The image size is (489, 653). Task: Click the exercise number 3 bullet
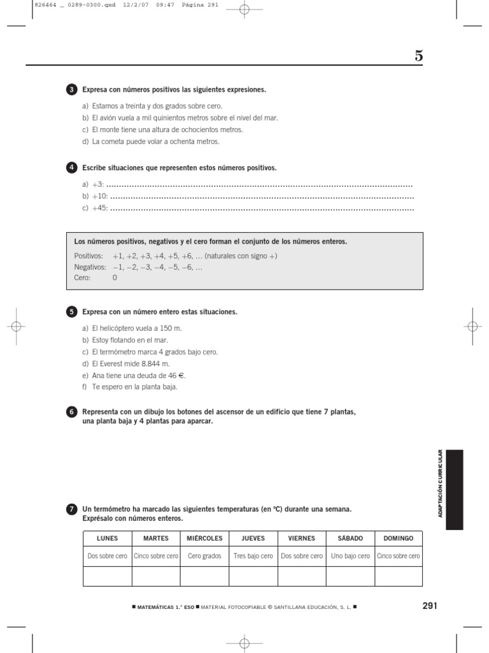[x=71, y=90]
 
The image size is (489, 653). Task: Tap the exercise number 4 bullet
[x=71, y=168]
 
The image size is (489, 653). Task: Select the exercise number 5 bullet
[x=71, y=312]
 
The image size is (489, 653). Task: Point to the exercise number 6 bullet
[x=71, y=413]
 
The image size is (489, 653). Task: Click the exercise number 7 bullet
[x=71, y=510]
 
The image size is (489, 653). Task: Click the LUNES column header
[x=107, y=538]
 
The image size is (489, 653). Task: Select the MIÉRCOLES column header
[x=204, y=538]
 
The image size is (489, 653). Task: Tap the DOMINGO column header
[x=398, y=538]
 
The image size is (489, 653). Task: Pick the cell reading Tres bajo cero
[x=253, y=556]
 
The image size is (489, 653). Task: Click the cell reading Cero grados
[x=204, y=556]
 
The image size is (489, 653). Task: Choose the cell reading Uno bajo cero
[x=350, y=556]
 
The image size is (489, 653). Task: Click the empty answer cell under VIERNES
[x=302, y=576]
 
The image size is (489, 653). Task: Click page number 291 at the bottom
[x=430, y=606]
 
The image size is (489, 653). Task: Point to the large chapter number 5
[x=418, y=56]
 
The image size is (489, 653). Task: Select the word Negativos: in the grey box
[x=89, y=267]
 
